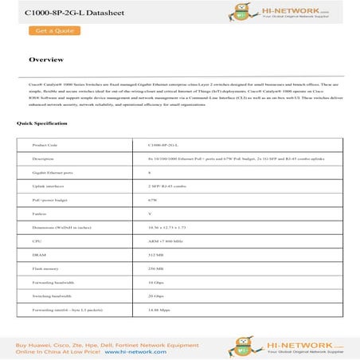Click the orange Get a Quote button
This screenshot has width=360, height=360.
tap(52, 30)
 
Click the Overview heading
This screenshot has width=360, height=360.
tap(45, 60)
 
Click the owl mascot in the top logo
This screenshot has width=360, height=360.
tap(232, 12)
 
